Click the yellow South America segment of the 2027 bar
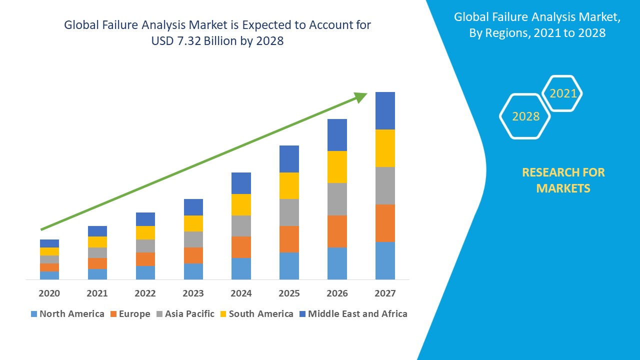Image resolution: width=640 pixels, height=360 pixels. tap(385, 148)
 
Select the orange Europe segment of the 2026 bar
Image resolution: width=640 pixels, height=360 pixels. tap(337, 231)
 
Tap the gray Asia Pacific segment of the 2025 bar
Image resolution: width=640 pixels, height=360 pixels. tap(289, 212)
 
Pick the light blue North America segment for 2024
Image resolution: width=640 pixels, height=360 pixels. tap(241, 268)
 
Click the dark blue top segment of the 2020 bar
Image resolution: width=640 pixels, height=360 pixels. tap(49, 243)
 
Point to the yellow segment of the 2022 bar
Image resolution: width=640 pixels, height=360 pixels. tap(145, 232)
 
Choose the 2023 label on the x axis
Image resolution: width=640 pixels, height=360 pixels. tap(193, 293)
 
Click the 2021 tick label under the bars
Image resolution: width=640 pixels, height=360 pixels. tap(97, 293)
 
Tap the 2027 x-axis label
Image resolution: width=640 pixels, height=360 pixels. tap(385, 293)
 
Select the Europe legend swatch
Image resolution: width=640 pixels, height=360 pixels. tap(114, 314)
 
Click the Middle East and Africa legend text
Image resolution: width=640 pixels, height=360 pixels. tap(357, 314)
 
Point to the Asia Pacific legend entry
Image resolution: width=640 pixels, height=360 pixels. tap(189, 314)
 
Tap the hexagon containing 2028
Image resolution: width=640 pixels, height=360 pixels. tap(525, 116)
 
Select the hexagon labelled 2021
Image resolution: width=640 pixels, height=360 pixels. tap(562, 93)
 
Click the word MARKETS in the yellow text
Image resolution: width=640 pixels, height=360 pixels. tap(563, 188)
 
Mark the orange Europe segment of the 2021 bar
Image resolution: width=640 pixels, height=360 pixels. tap(97, 263)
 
